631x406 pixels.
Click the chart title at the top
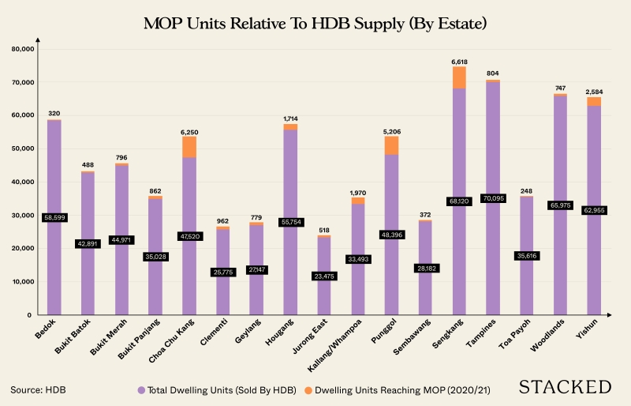click(315, 23)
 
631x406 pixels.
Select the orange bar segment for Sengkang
click(459, 77)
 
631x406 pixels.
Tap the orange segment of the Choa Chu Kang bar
click(189, 147)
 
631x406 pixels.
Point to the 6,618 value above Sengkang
click(459, 61)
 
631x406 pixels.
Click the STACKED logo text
click(565, 387)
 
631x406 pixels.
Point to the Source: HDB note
click(39, 389)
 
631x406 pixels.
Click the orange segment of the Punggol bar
click(391, 145)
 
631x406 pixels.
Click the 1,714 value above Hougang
click(290, 118)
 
